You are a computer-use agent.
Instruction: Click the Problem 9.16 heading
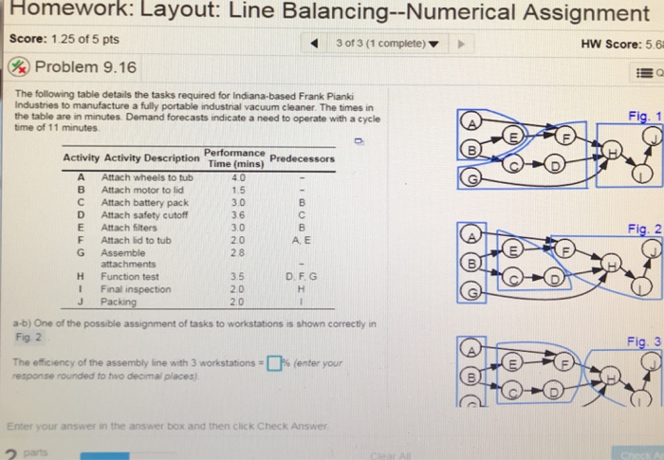click(84, 67)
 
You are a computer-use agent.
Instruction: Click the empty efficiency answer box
click(275, 361)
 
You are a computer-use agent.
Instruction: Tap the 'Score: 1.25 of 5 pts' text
click(64, 39)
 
